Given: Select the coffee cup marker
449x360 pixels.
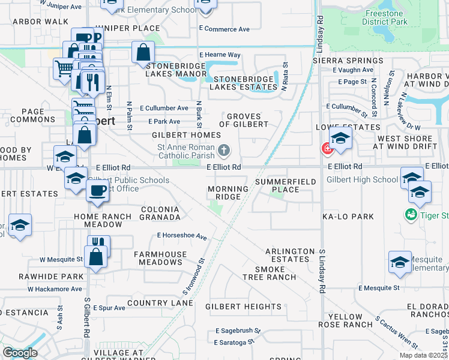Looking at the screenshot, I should (x=97, y=191).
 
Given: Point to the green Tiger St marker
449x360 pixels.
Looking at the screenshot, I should (x=411, y=214).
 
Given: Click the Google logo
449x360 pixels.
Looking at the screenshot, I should (x=20, y=353).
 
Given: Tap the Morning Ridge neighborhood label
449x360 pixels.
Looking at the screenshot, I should (x=228, y=193).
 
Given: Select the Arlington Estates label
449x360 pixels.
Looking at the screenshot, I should (x=290, y=255).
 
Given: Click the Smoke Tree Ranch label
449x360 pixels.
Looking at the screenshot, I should (x=269, y=273).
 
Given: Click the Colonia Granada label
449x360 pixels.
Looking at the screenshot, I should (x=160, y=212).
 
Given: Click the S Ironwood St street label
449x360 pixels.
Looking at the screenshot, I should (x=193, y=277).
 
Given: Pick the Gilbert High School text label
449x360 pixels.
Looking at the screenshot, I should (x=362, y=179).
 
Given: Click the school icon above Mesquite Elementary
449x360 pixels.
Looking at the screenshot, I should (x=400, y=262).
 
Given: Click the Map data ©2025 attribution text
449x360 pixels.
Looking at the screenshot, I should (x=423, y=355).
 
